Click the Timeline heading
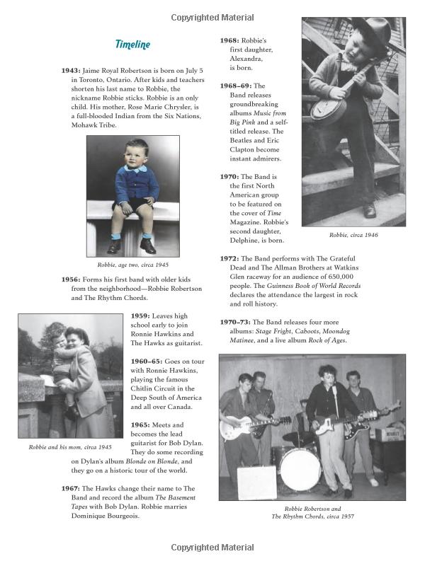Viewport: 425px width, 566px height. point(132,45)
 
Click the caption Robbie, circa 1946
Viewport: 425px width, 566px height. point(353,234)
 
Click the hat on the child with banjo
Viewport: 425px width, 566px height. point(371,32)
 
